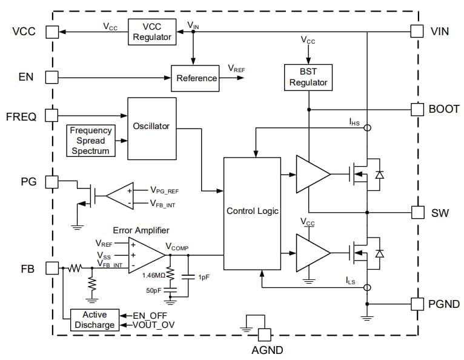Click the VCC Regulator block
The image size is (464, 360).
pyautogui.click(x=151, y=31)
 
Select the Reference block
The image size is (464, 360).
pyautogui.click(x=195, y=78)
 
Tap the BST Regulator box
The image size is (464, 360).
pyautogui.click(x=308, y=77)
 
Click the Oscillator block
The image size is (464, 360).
pyautogui.click(x=151, y=128)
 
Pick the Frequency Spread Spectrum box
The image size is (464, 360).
pyautogui.click(x=91, y=140)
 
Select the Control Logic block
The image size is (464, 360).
pyautogui.click(x=252, y=211)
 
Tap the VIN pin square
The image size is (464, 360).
pyautogui.click(x=417, y=31)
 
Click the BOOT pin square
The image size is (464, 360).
pyautogui.click(x=417, y=109)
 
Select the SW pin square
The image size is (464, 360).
pyautogui.click(x=417, y=212)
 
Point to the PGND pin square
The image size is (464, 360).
pyautogui.click(x=417, y=304)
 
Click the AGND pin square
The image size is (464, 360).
pyautogui.click(x=264, y=334)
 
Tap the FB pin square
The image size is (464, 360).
pyautogui.click(x=52, y=267)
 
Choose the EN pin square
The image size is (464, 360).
pyautogui.click(x=52, y=78)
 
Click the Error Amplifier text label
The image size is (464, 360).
pyautogui.click(x=141, y=230)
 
